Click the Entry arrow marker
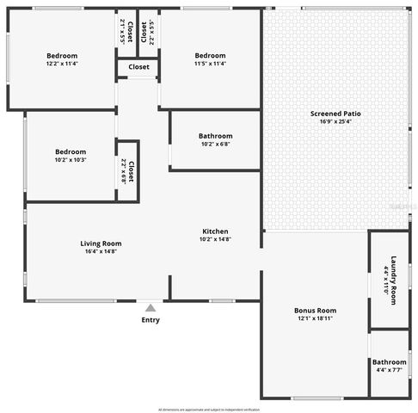click(x=151, y=307)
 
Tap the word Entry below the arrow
click(x=151, y=320)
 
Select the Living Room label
click(x=101, y=243)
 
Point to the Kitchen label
click(x=215, y=231)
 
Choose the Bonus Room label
click(x=315, y=310)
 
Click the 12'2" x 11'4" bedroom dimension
click(x=61, y=63)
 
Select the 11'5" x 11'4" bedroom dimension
click(x=210, y=63)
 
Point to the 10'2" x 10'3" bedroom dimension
click(x=71, y=159)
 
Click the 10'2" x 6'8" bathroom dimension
click(x=215, y=144)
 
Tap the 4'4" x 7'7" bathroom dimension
click(x=390, y=371)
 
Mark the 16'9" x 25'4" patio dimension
click(x=335, y=121)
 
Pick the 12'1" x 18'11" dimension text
click(x=315, y=318)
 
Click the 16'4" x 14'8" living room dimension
click(x=101, y=251)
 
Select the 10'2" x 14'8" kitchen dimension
click(x=215, y=239)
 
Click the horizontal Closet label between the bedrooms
click(x=138, y=67)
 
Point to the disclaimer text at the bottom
click(x=209, y=410)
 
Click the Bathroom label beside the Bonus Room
click(x=390, y=362)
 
